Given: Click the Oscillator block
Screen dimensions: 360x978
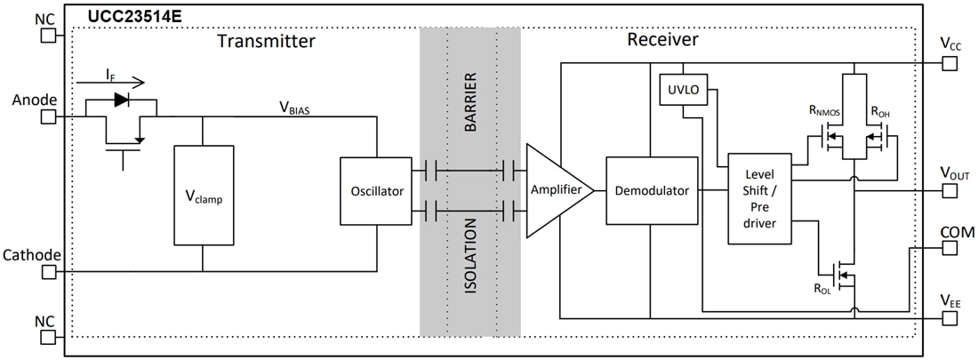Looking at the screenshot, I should (x=376, y=191).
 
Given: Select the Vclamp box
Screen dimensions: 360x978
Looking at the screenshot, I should (x=204, y=195).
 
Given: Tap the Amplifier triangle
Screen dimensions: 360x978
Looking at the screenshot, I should (x=555, y=191).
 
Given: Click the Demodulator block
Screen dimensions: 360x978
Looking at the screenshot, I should (x=651, y=191).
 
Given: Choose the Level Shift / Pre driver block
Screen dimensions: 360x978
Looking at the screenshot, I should (x=759, y=198).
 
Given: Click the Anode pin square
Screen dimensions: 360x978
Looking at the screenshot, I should (x=48, y=116).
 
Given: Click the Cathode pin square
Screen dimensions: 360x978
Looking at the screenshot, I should (x=48, y=272).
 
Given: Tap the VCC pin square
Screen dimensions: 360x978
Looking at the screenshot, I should (x=950, y=64).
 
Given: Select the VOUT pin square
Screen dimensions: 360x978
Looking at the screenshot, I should (x=950, y=190).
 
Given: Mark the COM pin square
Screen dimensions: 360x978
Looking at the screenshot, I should (x=950, y=248).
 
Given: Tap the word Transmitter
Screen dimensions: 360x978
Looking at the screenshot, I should (x=266, y=41).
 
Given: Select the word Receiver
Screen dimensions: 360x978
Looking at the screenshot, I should (x=662, y=40).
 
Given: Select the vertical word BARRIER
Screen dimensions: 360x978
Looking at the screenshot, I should (x=471, y=99).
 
